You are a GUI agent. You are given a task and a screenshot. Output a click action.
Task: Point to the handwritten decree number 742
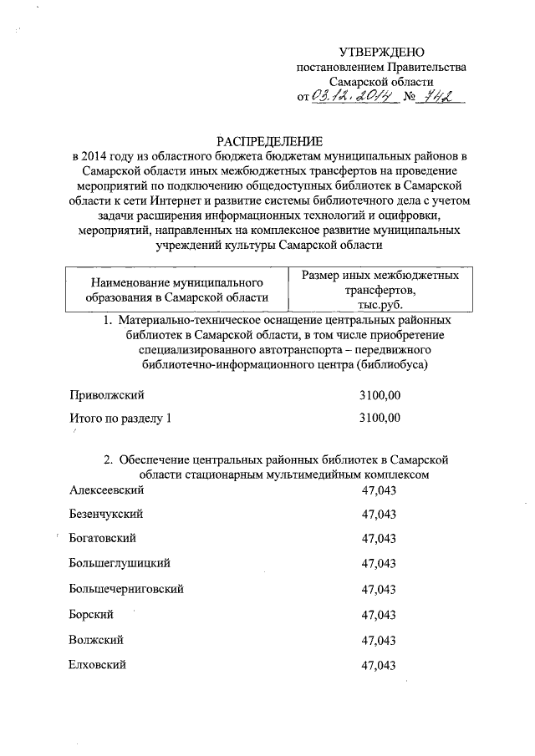click(x=439, y=98)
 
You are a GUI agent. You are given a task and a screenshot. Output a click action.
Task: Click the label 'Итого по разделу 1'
click(x=120, y=419)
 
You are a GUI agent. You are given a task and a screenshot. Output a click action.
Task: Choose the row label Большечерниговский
click(x=126, y=589)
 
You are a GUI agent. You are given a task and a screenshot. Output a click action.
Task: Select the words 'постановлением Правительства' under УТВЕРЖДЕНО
click(x=381, y=68)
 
